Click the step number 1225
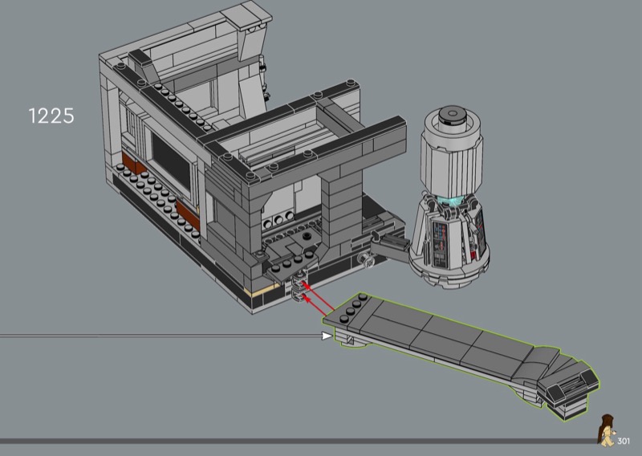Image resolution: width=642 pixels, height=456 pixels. click(51, 116)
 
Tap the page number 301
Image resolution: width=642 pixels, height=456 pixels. click(624, 442)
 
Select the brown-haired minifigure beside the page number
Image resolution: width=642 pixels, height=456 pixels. click(606, 430)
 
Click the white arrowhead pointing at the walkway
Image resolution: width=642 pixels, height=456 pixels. click(327, 336)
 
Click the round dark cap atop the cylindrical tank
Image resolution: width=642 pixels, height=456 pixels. click(452, 115)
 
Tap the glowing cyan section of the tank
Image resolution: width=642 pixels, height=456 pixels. click(451, 201)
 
